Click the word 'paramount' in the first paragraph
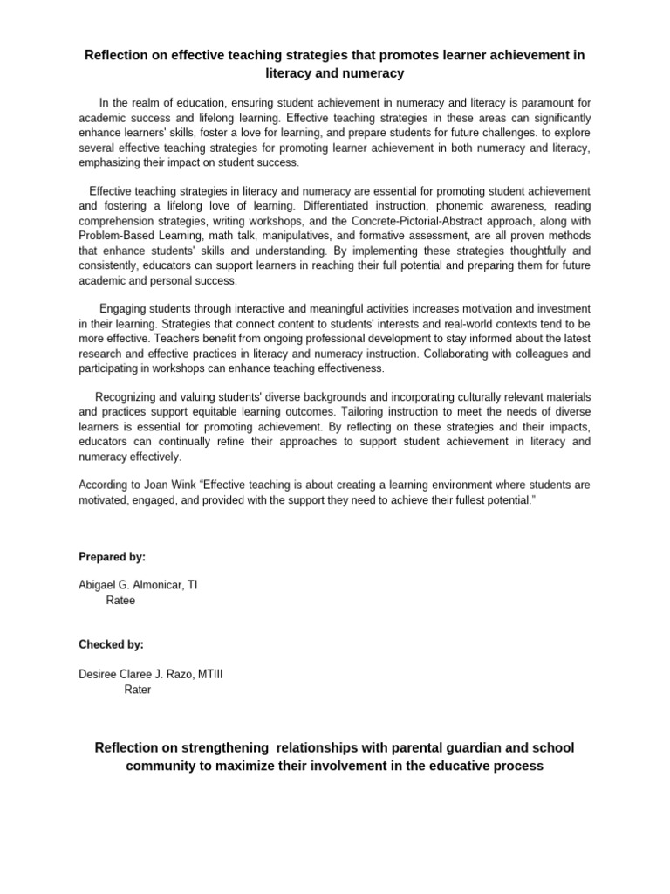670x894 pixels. click(549, 102)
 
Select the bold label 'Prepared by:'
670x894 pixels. click(112, 556)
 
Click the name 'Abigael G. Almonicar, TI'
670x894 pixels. click(138, 585)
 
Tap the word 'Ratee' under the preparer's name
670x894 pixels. click(120, 601)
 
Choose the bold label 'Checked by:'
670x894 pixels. click(111, 644)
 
